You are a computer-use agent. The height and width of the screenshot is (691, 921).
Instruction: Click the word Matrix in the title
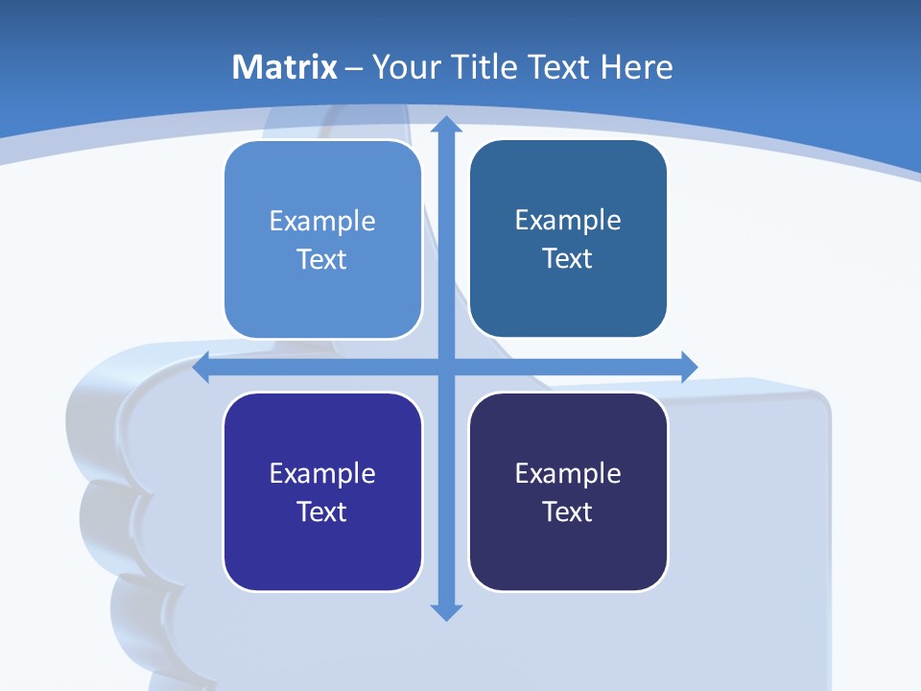point(285,67)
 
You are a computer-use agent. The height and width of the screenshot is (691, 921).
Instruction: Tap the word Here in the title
point(636,67)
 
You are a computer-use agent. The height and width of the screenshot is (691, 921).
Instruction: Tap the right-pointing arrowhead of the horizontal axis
point(688,367)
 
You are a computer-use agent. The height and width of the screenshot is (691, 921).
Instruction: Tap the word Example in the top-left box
point(322,222)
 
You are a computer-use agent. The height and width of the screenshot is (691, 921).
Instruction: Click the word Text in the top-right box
point(568,259)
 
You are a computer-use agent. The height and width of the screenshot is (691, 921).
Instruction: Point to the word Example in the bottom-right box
point(568,473)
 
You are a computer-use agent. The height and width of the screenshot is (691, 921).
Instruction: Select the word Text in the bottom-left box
point(322,512)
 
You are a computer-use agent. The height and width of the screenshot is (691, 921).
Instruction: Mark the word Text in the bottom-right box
point(568,512)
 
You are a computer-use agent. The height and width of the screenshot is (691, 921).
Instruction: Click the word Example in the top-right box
point(568,221)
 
